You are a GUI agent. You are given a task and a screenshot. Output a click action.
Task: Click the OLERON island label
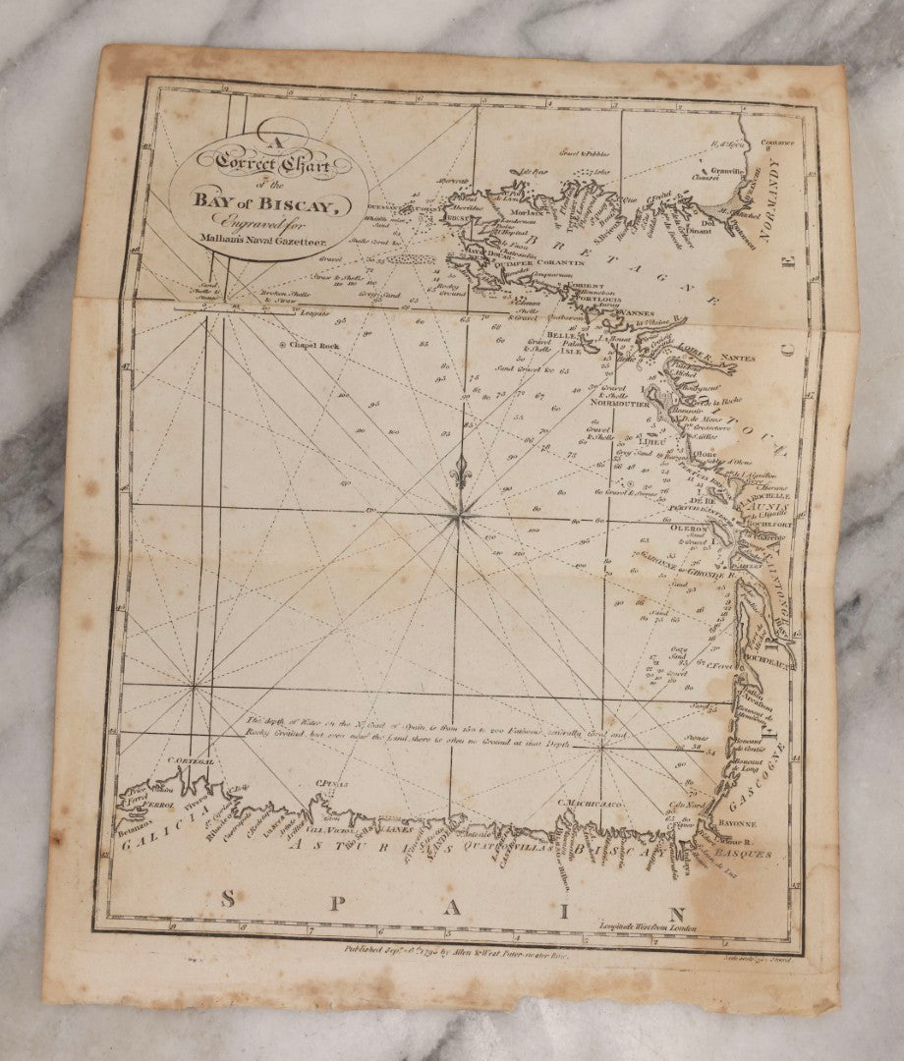click(689, 529)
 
